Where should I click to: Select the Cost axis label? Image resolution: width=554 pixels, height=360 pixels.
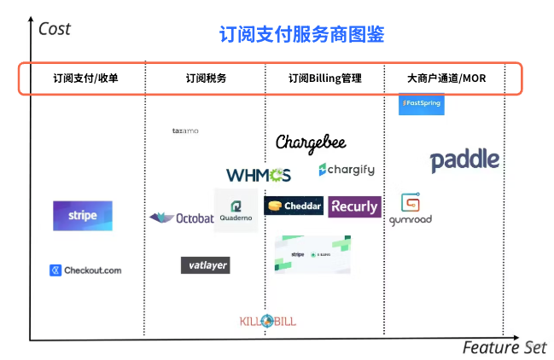tap(55, 29)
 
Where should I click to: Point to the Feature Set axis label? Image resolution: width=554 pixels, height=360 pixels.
tap(504, 348)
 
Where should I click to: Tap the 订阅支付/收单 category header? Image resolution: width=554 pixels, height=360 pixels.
tap(86, 78)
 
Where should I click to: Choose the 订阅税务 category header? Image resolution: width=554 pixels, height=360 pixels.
tap(206, 78)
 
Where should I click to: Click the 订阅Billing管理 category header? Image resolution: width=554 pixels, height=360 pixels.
tap(324, 78)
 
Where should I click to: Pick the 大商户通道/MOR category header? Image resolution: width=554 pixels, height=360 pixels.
tap(446, 78)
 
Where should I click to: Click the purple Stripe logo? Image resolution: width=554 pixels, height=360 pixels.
tap(82, 216)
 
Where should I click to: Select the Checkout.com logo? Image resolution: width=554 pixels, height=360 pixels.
tap(85, 270)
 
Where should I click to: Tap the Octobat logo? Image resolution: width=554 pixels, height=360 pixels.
tap(181, 218)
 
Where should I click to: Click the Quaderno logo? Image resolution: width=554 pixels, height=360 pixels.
tap(236, 210)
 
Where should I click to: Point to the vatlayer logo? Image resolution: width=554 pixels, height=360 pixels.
tap(205, 265)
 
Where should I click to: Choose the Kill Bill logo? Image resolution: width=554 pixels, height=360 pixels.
tap(268, 321)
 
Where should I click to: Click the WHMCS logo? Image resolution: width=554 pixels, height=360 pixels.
tap(258, 175)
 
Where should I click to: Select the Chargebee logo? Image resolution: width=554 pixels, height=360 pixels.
tap(311, 142)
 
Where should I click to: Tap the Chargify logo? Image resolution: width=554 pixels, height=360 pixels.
tap(346, 170)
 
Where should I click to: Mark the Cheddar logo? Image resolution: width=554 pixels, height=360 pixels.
tap(294, 206)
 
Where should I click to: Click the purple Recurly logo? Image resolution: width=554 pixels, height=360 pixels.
tap(354, 206)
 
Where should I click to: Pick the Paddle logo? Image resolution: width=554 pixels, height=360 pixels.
tap(464, 160)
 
